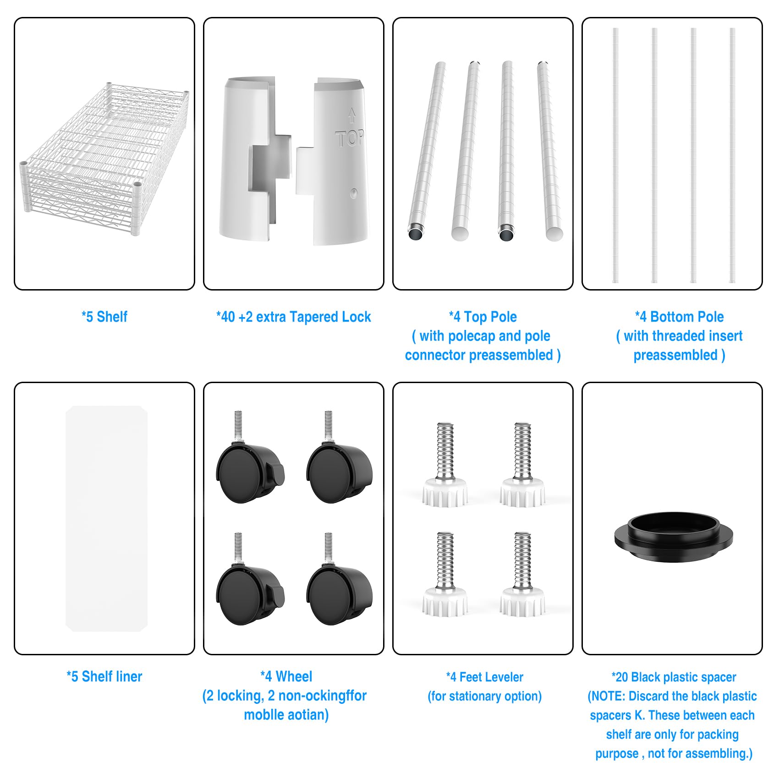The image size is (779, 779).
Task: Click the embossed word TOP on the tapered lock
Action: [x=350, y=138]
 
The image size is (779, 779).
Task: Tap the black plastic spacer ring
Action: [x=674, y=537]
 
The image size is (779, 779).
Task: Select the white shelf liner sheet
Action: [x=106, y=518]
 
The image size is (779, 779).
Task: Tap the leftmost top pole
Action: [x=427, y=151]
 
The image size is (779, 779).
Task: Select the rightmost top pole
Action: [x=549, y=151]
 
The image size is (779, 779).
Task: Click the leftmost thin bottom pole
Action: [x=615, y=155]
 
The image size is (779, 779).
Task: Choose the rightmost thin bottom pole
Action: [x=732, y=155]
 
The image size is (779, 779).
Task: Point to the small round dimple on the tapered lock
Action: [x=353, y=193]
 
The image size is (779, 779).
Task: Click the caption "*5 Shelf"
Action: [x=104, y=317]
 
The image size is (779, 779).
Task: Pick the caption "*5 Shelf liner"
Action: [x=104, y=676]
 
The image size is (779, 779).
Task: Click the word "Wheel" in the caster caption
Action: [x=294, y=676]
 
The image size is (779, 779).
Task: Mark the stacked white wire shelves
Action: [x=104, y=158]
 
